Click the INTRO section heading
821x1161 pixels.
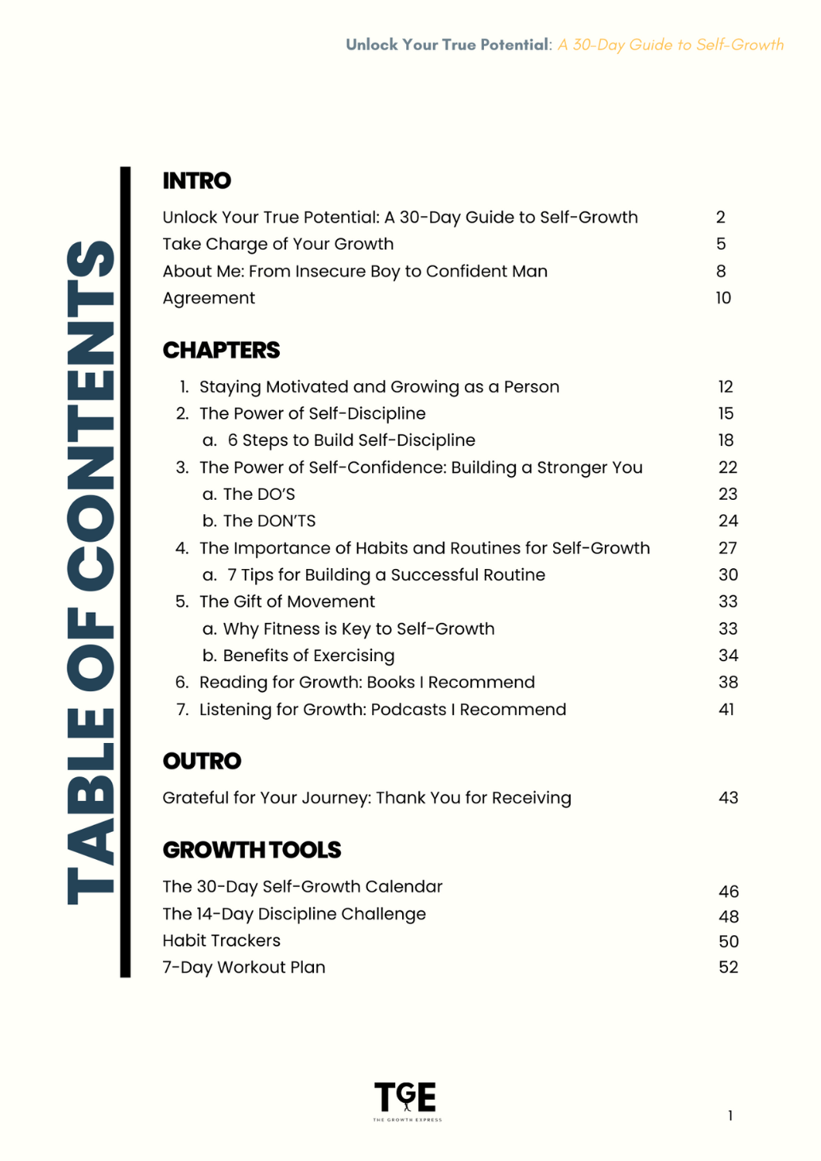(x=196, y=181)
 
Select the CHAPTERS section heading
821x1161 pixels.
(x=221, y=350)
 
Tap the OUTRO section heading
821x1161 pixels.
(x=202, y=761)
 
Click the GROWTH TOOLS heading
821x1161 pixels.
(x=251, y=850)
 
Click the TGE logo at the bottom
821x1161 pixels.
(x=406, y=1099)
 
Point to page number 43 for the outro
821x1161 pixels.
(x=728, y=798)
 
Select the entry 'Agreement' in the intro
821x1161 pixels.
(x=209, y=298)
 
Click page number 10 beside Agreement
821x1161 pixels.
(x=723, y=298)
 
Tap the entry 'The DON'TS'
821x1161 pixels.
(x=269, y=521)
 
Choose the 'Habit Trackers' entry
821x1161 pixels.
(x=222, y=941)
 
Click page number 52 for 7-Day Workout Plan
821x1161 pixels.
(x=728, y=967)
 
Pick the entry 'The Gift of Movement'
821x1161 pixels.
(x=287, y=602)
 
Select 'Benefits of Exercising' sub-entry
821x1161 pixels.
(x=308, y=656)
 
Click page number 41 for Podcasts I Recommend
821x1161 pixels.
(x=726, y=710)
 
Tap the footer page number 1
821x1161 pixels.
(x=730, y=1116)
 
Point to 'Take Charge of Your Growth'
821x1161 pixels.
(x=278, y=244)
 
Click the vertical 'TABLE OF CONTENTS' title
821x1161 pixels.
(x=91, y=572)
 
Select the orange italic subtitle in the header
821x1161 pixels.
(x=671, y=45)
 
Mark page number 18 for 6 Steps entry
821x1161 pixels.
(x=726, y=440)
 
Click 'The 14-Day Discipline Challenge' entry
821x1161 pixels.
(x=294, y=914)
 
